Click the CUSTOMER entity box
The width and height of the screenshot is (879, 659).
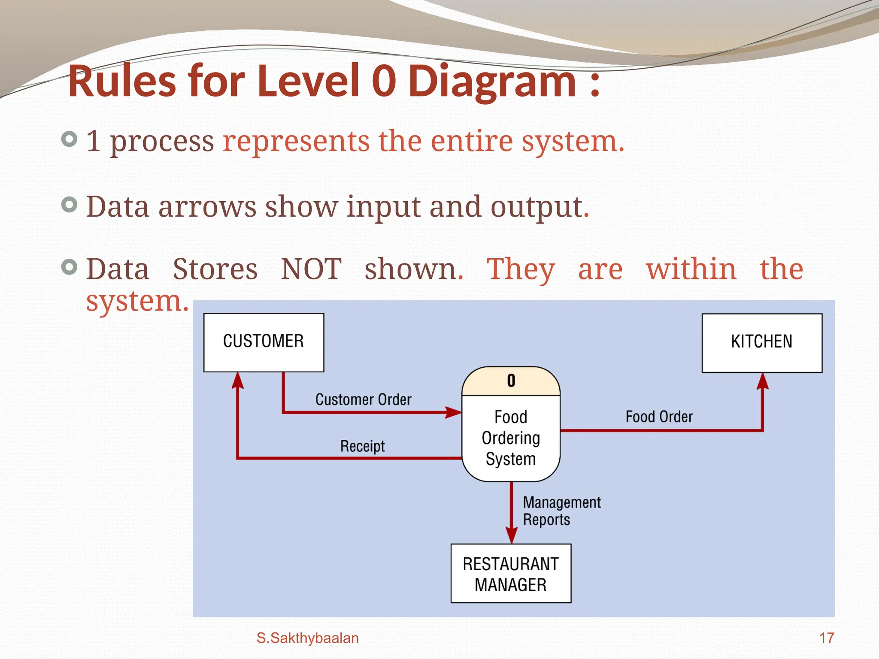[264, 342]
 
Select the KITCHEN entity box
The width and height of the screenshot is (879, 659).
[762, 342]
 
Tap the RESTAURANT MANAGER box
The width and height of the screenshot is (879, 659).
[511, 574]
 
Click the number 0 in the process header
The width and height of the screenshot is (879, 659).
[511, 381]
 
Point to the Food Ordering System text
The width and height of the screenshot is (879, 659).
[511, 438]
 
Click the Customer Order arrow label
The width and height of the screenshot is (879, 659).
[363, 399]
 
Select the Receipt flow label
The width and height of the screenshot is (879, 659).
[363, 446]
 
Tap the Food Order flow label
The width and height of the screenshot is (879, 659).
[659, 417]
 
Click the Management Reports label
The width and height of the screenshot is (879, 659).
[561, 511]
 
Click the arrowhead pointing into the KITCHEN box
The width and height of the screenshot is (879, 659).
[762, 381]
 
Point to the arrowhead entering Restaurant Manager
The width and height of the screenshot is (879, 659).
[511, 535]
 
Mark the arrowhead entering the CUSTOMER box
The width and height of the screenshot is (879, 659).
[238, 381]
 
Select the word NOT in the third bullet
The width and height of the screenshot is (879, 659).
[311, 269]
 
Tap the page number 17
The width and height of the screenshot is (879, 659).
[826, 638]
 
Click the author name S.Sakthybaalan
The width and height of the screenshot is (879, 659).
[307, 638]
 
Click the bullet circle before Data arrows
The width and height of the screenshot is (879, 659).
[70, 205]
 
